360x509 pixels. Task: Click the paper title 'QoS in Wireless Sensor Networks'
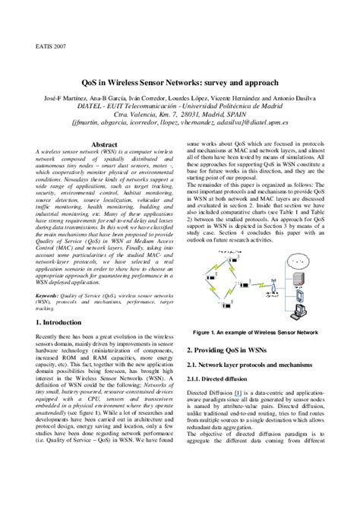pyautogui.click(x=179, y=81)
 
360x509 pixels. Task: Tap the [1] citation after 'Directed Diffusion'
pyautogui.click(x=238, y=392)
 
